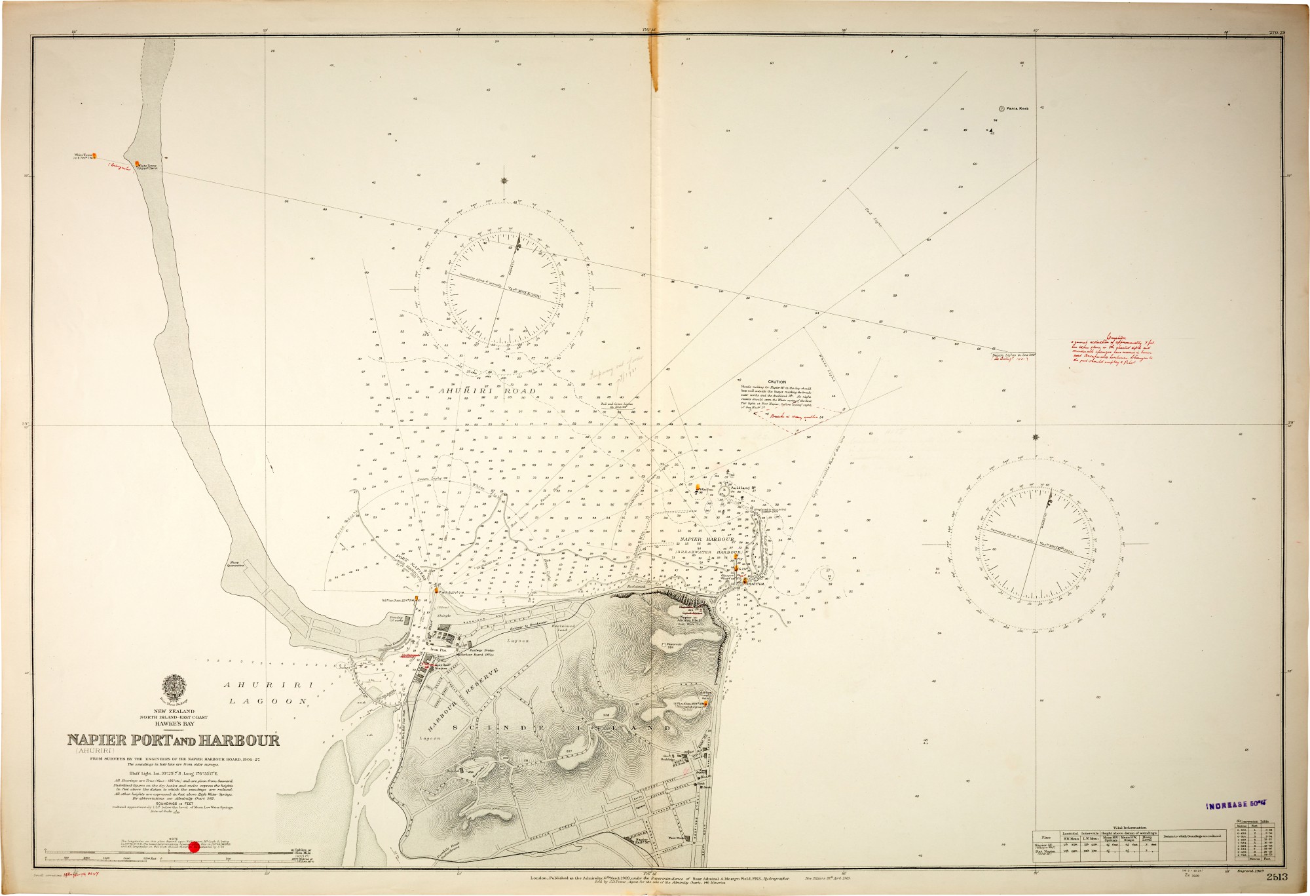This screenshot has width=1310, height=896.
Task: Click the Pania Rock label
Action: [1017, 108]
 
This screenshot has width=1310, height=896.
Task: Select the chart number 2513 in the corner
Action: [1277, 877]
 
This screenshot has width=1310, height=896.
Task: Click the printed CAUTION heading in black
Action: [777, 382]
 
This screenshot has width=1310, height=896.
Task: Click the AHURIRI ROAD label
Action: [487, 391]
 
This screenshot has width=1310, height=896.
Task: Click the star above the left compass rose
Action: [504, 181]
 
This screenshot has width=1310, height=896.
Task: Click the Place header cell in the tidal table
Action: [1047, 837]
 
